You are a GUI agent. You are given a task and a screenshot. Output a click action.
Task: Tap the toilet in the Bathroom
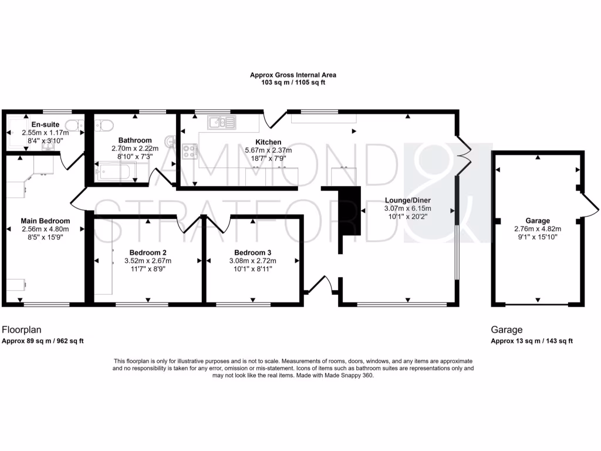click(x=106, y=125)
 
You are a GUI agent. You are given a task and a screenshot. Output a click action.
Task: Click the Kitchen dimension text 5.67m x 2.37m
click(x=268, y=150)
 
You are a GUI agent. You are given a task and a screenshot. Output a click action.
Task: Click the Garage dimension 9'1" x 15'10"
click(x=538, y=237)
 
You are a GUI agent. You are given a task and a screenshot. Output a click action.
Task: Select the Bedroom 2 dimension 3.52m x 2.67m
click(x=147, y=261)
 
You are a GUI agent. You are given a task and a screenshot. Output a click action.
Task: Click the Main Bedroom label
click(x=45, y=221)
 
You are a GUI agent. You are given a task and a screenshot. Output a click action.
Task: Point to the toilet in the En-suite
click(x=73, y=126)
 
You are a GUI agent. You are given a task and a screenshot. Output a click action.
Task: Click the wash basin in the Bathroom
click(x=170, y=141)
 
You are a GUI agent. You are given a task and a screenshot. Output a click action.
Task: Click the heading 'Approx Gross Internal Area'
click(x=293, y=75)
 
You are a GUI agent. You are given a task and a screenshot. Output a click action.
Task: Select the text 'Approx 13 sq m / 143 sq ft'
click(x=532, y=341)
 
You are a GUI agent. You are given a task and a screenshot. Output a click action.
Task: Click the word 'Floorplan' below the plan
click(x=22, y=330)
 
